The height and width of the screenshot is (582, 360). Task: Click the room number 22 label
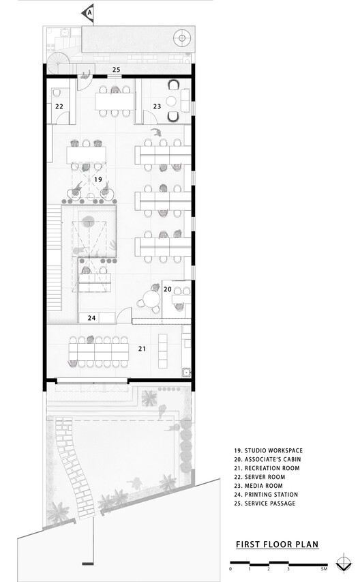point(59,106)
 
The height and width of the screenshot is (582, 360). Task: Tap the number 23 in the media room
point(157,106)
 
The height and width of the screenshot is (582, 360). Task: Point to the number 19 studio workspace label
point(98,179)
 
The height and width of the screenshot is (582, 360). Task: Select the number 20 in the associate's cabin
point(168,289)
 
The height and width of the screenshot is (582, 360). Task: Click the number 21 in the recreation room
point(142,349)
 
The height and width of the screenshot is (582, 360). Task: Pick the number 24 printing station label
point(91,318)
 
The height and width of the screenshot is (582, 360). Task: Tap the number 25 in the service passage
point(117,70)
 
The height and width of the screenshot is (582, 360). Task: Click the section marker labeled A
point(89,13)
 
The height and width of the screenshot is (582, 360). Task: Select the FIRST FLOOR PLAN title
point(277,544)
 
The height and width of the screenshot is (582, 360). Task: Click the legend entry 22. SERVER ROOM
point(260,477)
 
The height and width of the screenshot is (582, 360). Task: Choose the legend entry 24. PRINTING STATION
point(266,495)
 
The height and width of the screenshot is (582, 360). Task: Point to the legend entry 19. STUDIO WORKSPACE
point(269,450)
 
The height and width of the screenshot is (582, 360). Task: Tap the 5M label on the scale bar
point(325,568)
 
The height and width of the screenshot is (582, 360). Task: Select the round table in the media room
point(172,101)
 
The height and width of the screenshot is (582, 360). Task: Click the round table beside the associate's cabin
point(151,298)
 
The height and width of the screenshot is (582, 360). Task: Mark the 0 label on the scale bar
point(230,568)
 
